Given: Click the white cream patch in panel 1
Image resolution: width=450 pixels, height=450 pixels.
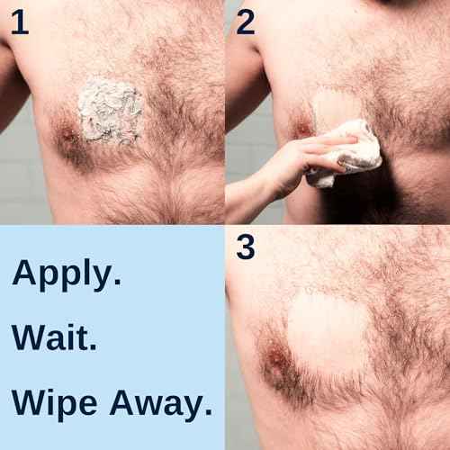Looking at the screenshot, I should [x=109, y=112].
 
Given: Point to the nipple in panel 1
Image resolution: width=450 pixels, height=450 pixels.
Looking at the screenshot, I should [x=67, y=137].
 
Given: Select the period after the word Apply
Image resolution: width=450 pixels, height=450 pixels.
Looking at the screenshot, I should [x=116, y=284].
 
